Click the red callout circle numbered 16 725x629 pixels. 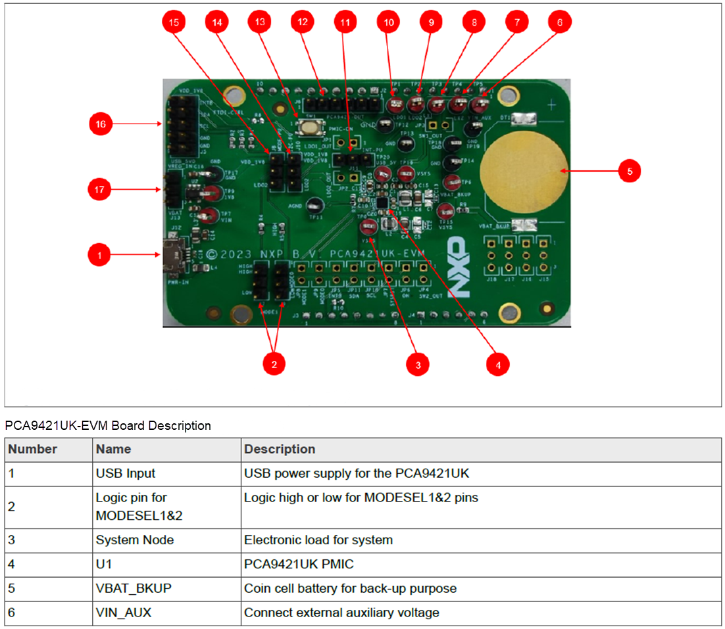[x=101, y=124]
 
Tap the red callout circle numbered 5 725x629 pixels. [x=629, y=172]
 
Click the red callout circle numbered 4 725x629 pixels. [x=497, y=364]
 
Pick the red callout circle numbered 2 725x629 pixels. [x=274, y=364]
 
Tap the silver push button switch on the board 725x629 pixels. [x=307, y=126]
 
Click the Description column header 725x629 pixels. [x=279, y=450]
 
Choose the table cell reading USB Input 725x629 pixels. [x=125, y=473]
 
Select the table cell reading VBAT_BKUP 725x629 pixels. [x=133, y=588]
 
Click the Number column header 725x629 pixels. [x=32, y=450]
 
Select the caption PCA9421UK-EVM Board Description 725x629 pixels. [x=108, y=425]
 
